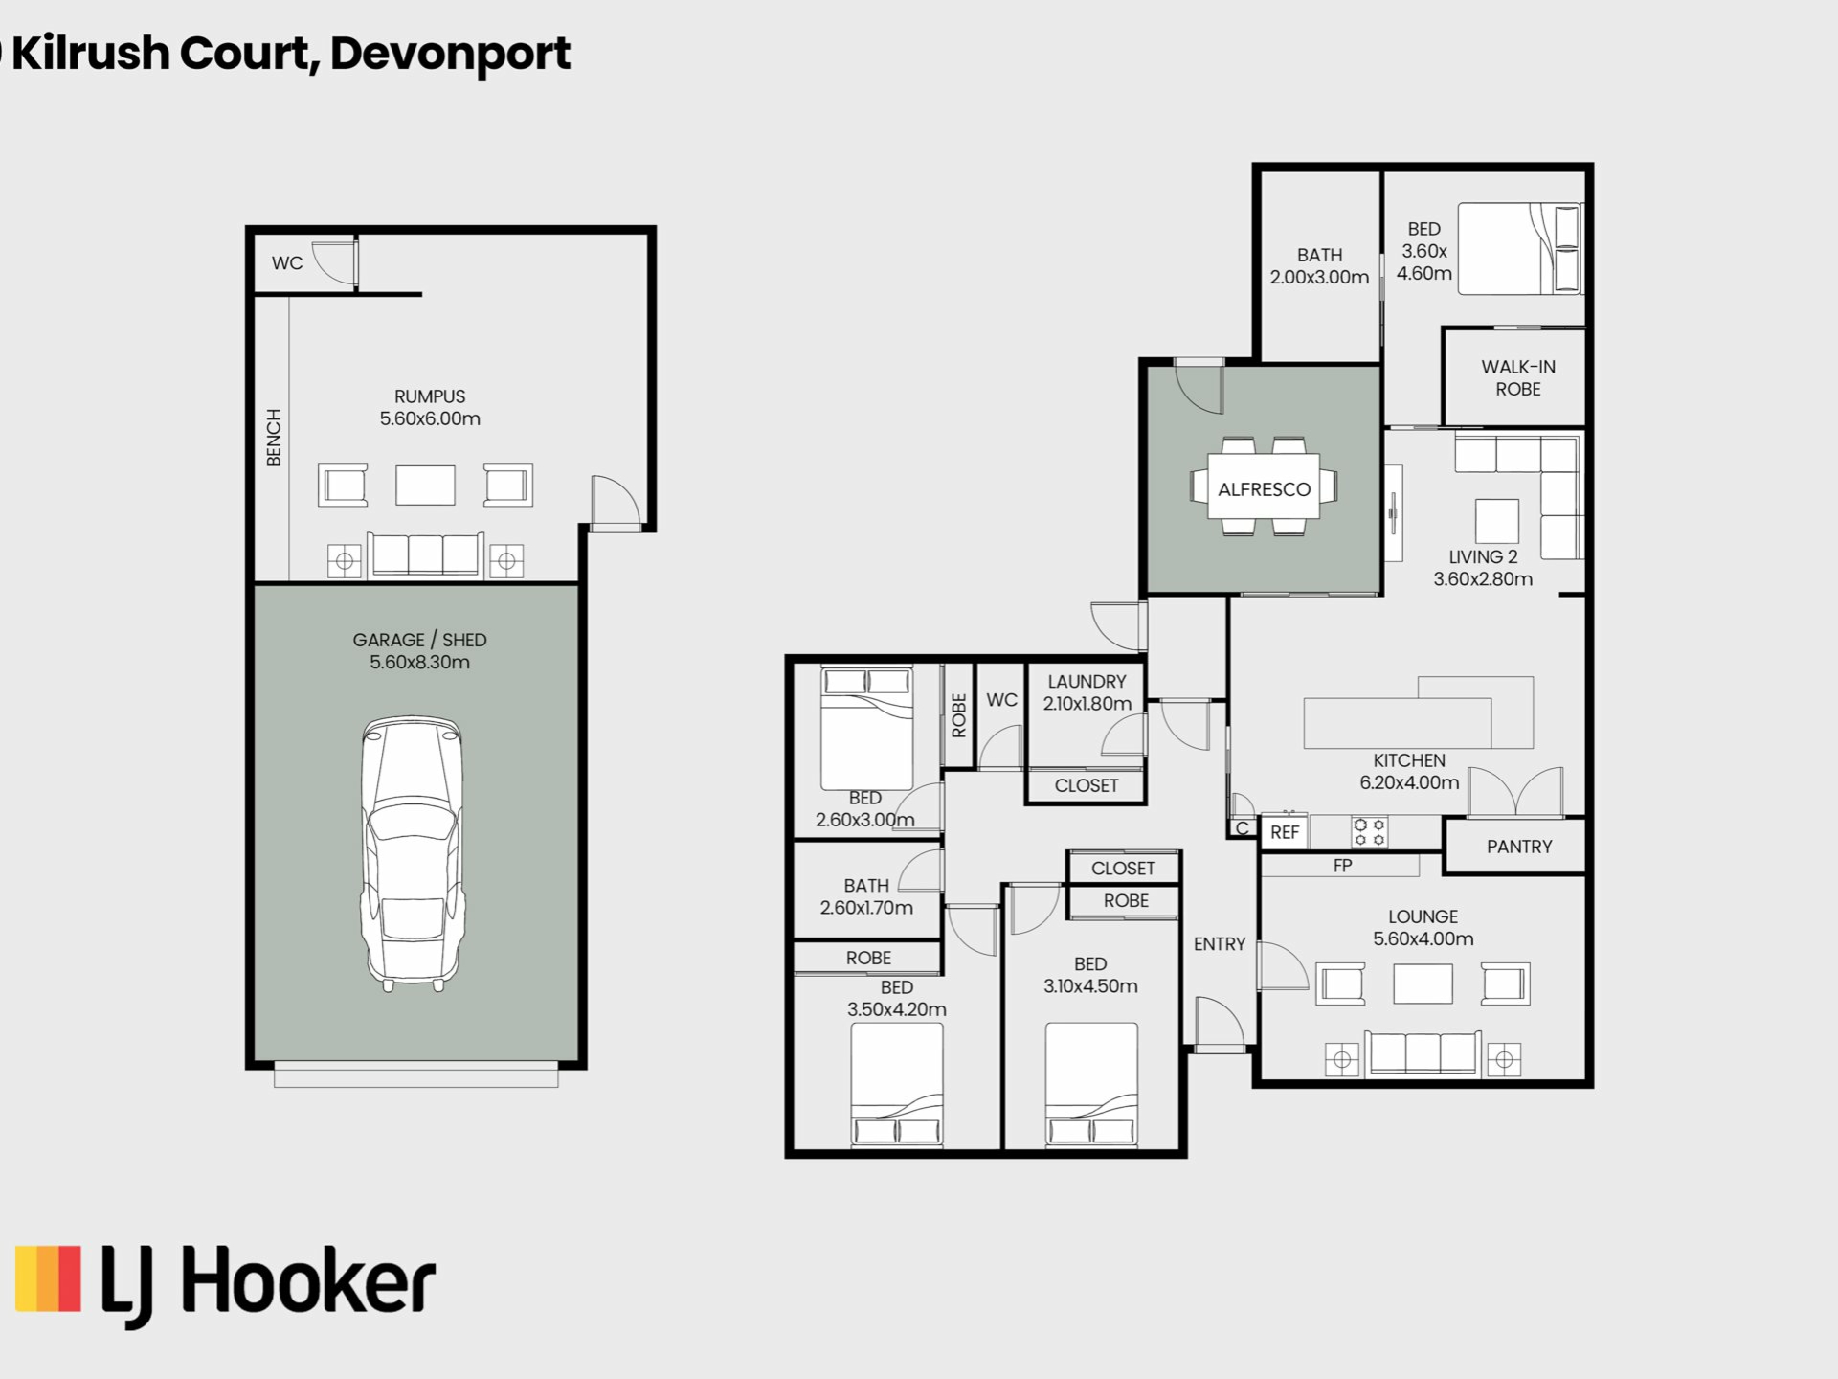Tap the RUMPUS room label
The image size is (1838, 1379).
point(430,396)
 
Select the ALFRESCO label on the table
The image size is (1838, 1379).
point(1264,489)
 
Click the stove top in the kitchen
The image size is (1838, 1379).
point(1369,831)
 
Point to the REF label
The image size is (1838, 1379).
point(1285,833)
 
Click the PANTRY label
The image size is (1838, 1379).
point(1519,847)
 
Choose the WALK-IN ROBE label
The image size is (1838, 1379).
point(1518,378)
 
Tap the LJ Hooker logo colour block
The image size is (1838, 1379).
point(48,1278)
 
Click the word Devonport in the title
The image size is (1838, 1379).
point(450,54)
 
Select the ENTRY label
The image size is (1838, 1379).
point(1220,944)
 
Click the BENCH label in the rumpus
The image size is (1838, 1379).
point(274,438)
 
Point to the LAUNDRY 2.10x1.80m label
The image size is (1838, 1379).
point(1087,692)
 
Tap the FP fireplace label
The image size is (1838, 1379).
point(1342,866)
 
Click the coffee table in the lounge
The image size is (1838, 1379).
point(1423,983)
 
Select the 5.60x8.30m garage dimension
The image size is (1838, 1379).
point(419,663)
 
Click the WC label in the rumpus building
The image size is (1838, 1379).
point(287,263)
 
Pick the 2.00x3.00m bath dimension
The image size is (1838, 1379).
point(1319,278)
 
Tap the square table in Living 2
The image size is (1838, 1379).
point(1497,521)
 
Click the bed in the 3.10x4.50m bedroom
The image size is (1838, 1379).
point(1091,1084)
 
